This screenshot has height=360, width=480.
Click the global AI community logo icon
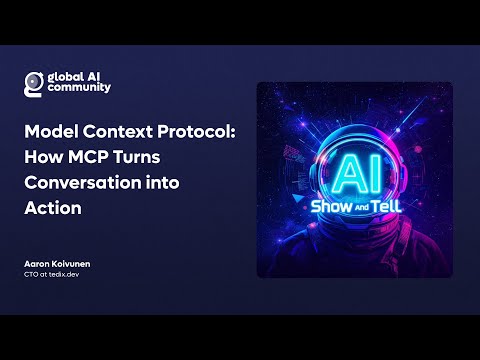click(34, 82)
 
